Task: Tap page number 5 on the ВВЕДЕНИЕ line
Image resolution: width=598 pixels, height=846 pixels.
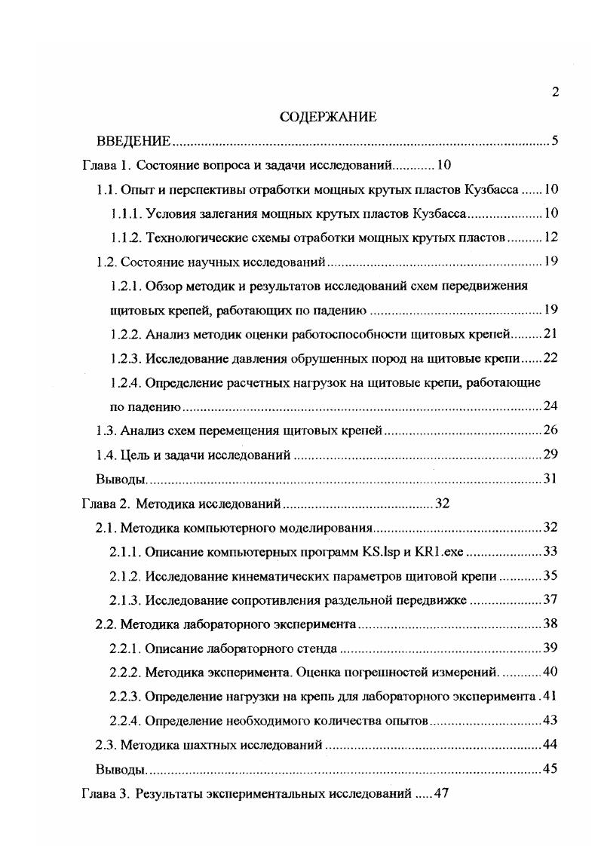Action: pyautogui.click(x=554, y=141)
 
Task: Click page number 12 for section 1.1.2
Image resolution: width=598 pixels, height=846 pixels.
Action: pyautogui.click(x=550, y=238)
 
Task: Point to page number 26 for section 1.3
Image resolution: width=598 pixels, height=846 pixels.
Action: pyautogui.click(x=550, y=431)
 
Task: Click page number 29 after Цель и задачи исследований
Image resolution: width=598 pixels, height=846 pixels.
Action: pyautogui.click(x=550, y=455)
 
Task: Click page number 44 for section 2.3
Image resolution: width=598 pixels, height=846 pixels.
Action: pyautogui.click(x=550, y=744)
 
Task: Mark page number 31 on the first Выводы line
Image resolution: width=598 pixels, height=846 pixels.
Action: pyautogui.click(x=550, y=479)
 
